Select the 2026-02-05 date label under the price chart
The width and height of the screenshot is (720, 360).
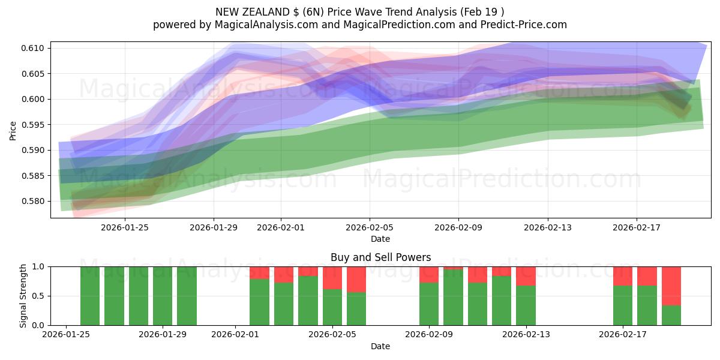click(370, 227)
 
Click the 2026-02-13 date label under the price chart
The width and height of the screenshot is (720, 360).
click(547, 227)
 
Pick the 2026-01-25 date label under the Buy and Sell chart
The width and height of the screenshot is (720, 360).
click(66, 334)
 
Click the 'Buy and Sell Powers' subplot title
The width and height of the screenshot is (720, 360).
click(380, 257)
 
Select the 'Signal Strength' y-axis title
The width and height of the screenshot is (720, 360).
click(23, 296)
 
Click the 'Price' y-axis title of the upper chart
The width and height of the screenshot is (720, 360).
click(13, 130)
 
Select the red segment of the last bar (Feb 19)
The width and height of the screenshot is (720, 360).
click(671, 286)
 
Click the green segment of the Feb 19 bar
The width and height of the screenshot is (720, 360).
click(671, 315)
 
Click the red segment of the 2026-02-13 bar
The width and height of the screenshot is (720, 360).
click(526, 276)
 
